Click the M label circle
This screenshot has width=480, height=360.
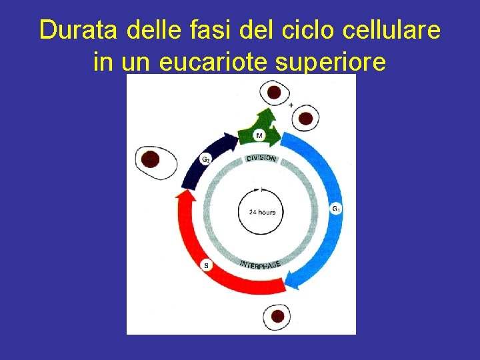259,135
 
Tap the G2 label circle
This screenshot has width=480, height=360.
207,160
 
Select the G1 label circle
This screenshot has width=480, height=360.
336,209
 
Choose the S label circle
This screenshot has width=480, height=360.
206,265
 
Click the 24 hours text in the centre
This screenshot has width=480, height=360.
262,212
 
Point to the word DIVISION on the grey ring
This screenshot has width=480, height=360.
261,159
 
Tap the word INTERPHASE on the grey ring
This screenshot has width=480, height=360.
260,264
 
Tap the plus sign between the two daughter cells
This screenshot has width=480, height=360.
291,105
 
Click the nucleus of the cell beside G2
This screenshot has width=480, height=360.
151,159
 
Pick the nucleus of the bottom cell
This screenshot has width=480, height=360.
278,315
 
